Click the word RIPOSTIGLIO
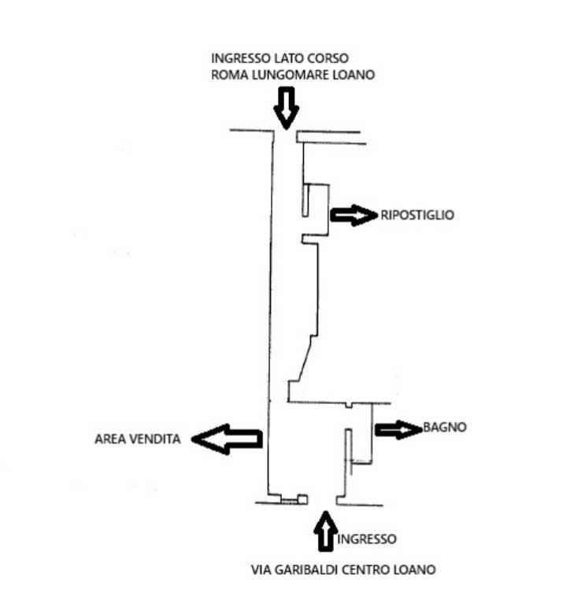[x=417, y=215]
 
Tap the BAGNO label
[x=445, y=427]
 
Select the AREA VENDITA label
[x=138, y=439]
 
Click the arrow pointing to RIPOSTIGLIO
[x=354, y=215]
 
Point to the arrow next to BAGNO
[x=398, y=429]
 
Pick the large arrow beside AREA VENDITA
[x=227, y=439]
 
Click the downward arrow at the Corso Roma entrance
[x=286, y=108]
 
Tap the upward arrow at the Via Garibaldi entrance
[x=326, y=531]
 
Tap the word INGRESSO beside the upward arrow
[x=367, y=539]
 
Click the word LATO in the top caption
[x=289, y=58]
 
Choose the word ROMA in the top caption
[x=229, y=75]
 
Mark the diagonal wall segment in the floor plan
[x=305, y=359]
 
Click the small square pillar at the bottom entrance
[x=302, y=499]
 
